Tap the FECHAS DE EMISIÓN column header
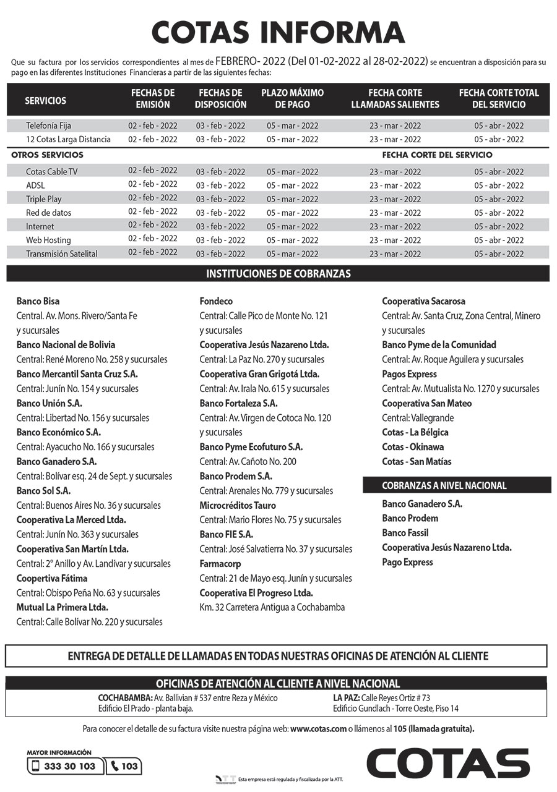tap(153, 99)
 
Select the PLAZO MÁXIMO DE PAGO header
tap(292, 99)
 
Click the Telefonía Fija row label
tap(49, 126)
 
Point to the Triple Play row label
tap(43, 199)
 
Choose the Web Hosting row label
tap(48, 240)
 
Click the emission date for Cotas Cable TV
tap(153, 170)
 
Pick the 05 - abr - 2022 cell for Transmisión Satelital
tap(499, 253)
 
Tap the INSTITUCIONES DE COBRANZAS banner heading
tap(278, 273)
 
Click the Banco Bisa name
tap(38, 301)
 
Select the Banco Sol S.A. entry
tap(43, 490)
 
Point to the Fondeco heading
tap(216, 301)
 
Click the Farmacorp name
tap(220, 563)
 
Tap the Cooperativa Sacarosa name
tap(423, 301)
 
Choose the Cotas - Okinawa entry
tap(413, 446)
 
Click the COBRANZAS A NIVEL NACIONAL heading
tap(444, 485)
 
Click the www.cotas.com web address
tap(318, 728)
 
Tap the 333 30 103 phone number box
tap(65, 766)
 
